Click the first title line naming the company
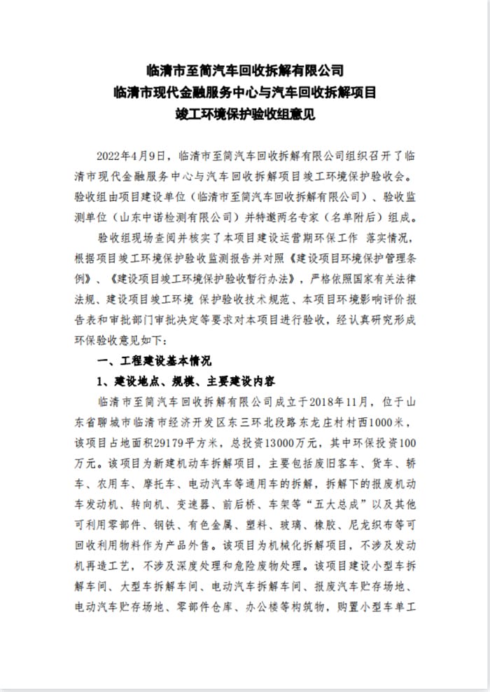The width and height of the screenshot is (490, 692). [245, 70]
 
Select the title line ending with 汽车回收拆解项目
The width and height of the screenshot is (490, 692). [245, 91]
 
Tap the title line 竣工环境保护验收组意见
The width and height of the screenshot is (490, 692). [245, 112]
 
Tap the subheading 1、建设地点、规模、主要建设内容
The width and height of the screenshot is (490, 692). [185, 382]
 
